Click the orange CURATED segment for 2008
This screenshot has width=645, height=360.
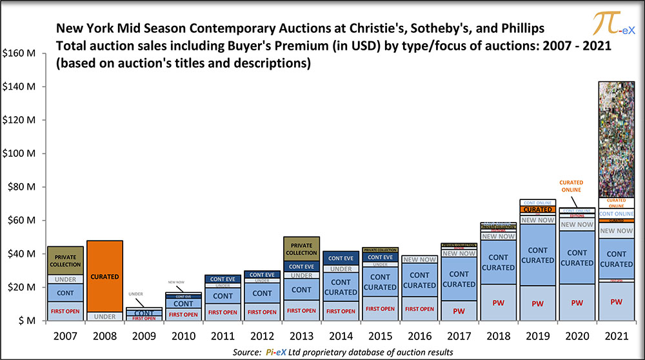click(104, 276)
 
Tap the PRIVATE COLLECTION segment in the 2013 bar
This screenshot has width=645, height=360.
click(301, 248)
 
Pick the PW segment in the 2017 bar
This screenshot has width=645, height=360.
click(459, 310)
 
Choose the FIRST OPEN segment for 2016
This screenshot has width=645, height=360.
click(420, 309)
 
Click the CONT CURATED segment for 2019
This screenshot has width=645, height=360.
click(538, 255)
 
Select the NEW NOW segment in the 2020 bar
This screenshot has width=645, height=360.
click(577, 225)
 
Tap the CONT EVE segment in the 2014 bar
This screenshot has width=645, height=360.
click(341, 257)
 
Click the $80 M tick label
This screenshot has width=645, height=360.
click(20, 187)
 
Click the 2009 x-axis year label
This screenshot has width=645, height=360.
click(143, 335)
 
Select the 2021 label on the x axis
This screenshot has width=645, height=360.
click(616, 335)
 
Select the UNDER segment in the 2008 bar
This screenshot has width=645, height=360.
click(104, 316)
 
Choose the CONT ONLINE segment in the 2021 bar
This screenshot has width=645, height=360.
click(616, 214)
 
